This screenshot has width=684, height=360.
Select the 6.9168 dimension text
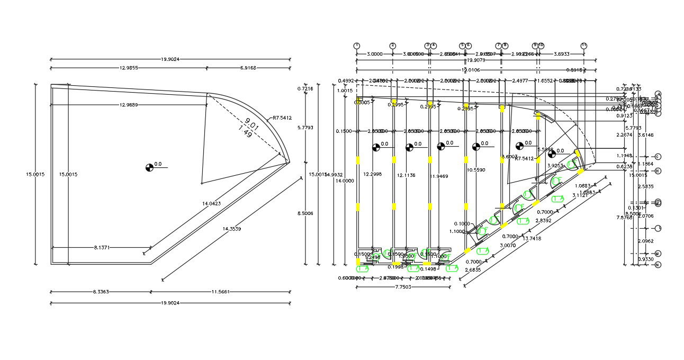coord(248,68)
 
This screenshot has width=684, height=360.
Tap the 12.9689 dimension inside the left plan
coord(128,105)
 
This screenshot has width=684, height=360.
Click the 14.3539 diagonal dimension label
coord(232,229)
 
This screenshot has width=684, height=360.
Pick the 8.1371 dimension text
coord(101,247)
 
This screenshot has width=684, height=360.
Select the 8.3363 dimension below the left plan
coord(101,292)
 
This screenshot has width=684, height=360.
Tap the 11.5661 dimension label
coord(220,292)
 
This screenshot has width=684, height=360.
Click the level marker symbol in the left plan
coord(149,168)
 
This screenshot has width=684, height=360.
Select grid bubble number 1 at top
coord(357,46)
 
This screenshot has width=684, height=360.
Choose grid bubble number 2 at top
coord(393,46)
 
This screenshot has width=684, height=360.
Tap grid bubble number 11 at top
coord(584,46)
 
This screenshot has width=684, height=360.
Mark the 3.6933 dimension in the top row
coord(561,54)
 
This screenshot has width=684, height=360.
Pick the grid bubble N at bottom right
coord(658,265)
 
